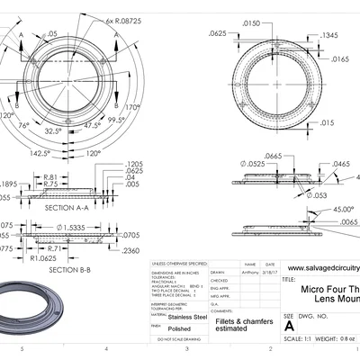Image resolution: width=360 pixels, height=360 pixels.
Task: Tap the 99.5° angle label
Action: pos(115,119)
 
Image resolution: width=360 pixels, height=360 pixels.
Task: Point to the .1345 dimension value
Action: pos(329,36)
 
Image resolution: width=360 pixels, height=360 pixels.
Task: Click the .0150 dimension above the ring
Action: pos(251,23)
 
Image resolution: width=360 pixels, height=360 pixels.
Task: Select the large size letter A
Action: pos(288,328)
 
